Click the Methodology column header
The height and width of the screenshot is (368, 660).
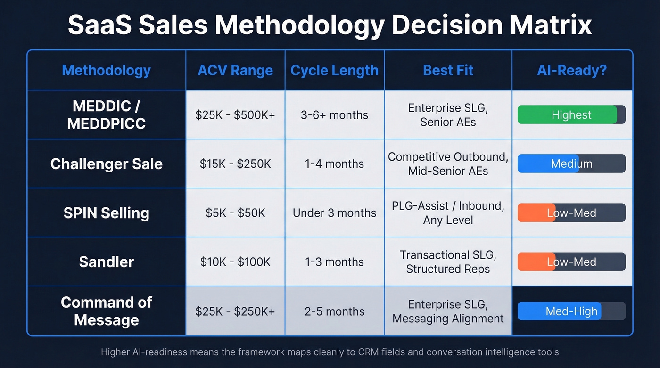point(106,71)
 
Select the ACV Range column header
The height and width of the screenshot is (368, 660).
point(235,71)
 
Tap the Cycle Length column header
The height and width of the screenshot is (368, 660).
point(334,71)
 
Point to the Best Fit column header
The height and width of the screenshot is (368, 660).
point(448,71)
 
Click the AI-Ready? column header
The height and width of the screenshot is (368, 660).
point(571,71)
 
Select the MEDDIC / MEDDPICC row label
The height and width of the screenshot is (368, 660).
point(106,115)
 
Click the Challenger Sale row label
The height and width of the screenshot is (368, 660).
point(106,164)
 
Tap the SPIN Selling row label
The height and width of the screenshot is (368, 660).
point(106,213)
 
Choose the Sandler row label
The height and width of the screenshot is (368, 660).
point(106,262)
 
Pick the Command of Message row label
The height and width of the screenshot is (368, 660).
point(106,311)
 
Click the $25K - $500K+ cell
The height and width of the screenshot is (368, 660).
point(235,115)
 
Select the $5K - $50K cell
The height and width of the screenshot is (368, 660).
point(235,213)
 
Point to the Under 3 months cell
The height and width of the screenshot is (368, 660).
point(334,213)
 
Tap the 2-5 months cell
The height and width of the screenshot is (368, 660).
point(334,311)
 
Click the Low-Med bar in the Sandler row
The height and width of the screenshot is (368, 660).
point(571,262)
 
